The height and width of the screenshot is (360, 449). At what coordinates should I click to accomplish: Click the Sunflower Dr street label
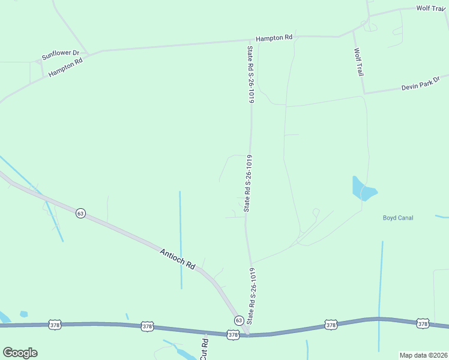coord(61,56)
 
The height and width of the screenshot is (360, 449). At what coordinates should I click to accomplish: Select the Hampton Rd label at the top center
coord(274,38)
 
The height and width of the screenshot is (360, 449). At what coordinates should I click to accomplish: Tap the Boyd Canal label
coord(398,218)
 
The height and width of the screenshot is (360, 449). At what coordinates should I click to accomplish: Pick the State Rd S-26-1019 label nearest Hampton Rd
coord(250,73)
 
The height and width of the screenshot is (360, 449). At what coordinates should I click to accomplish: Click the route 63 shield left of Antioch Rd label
coord(80,213)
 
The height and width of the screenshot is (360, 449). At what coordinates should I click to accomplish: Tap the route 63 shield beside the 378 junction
coord(238,320)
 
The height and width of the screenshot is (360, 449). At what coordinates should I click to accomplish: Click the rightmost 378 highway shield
coord(423,323)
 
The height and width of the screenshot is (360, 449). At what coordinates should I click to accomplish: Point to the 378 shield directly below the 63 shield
coord(233,335)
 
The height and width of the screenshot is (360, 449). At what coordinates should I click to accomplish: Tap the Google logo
coord(20,353)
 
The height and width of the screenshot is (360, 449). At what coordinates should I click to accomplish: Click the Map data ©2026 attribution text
coord(423,355)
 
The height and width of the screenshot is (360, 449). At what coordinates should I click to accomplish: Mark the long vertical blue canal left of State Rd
coord(180,240)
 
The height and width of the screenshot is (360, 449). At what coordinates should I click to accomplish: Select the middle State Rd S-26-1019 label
coord(247,184)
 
